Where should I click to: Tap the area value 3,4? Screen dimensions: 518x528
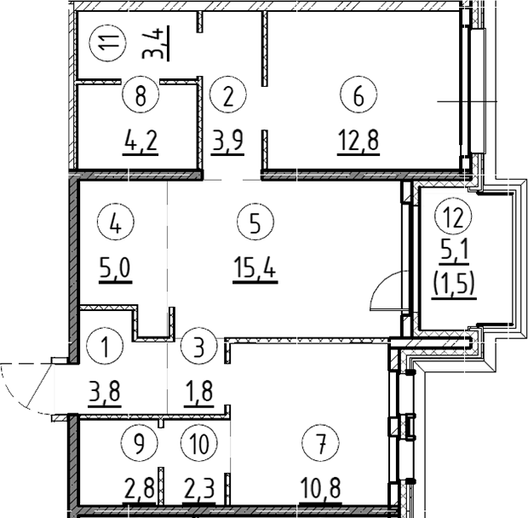[159, 41]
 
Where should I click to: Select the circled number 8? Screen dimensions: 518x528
[141, 95]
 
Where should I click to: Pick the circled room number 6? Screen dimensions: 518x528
[358, 95]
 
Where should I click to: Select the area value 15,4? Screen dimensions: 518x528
[255, 270]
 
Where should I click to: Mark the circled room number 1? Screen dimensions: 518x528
[105, 348]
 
